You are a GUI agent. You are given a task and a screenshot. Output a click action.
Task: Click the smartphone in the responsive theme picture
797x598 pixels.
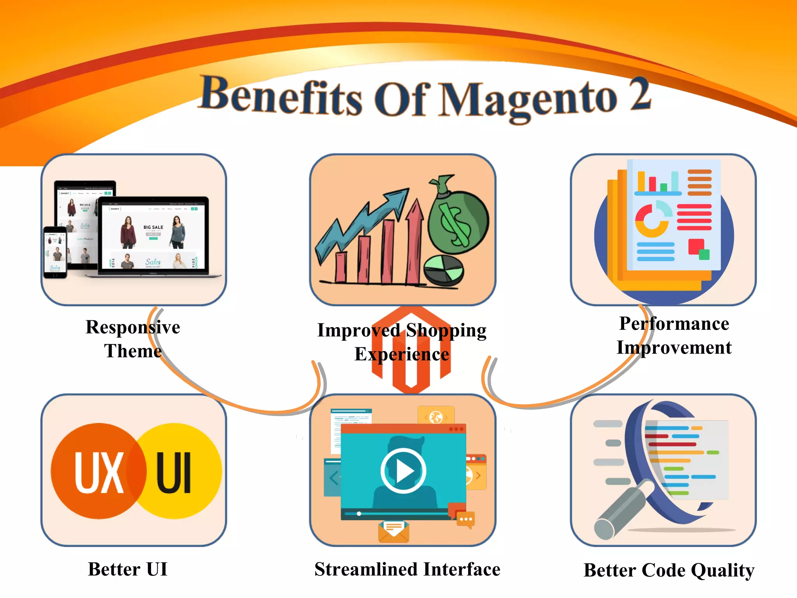click(55, 252)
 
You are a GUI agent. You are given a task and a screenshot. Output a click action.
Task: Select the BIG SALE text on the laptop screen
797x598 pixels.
click(153, 227)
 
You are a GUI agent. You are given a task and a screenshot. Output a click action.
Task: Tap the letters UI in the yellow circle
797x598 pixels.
click(174, 472)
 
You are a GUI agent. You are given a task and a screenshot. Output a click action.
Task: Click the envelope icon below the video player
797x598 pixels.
click(393, 531)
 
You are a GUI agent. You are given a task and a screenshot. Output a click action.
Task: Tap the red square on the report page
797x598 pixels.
click(695, 246)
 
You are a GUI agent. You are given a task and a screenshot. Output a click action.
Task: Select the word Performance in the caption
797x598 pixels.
click(674, 324)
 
